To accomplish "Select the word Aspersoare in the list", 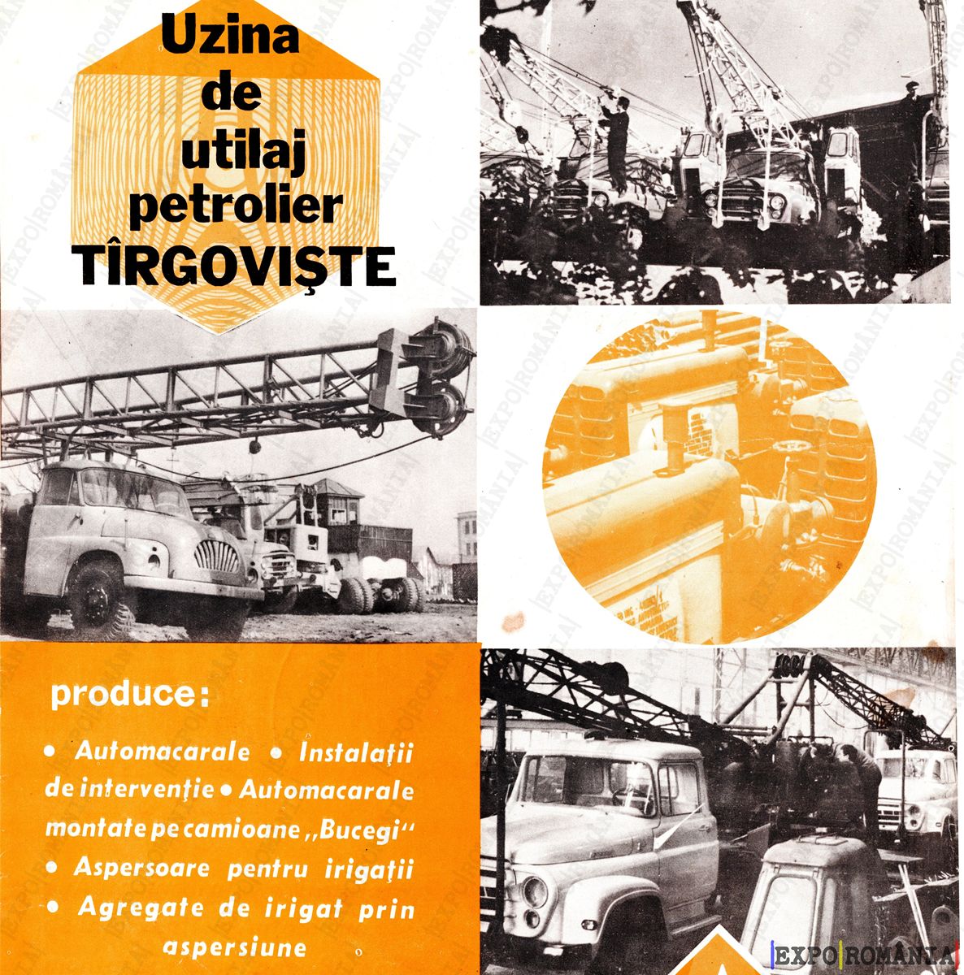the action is (141, 869).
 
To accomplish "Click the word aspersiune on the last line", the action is (234, 947).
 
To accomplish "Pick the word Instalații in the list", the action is (357, 753).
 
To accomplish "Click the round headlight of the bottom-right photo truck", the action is (535, 864).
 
